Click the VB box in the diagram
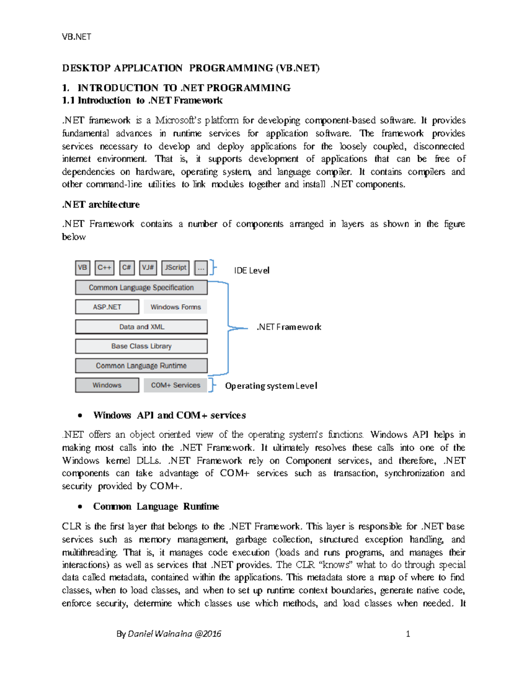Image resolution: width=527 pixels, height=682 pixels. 83,267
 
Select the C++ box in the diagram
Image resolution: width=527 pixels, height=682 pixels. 105,267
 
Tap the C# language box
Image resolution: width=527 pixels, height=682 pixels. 127,267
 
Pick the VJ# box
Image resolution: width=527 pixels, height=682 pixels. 148,267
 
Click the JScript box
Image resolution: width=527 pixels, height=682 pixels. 176,267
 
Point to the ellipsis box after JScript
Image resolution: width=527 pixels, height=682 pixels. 201,267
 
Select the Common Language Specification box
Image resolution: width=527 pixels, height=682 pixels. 141,288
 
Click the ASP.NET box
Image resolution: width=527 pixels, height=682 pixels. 107,307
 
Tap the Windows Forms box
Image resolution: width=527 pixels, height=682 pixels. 176,307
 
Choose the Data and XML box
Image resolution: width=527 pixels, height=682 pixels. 141,327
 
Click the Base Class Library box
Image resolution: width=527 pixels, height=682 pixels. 141,346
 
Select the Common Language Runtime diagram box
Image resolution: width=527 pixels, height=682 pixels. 141,366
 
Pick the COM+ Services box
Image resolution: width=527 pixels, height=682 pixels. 176,385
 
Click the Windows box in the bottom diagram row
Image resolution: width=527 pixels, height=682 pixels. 107,385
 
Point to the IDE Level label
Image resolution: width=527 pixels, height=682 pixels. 252,271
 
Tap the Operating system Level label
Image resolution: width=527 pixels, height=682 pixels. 271,386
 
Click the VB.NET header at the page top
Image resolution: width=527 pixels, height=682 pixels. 76,37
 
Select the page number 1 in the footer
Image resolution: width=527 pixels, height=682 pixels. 408,634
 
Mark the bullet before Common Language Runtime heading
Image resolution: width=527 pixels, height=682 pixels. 80,507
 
